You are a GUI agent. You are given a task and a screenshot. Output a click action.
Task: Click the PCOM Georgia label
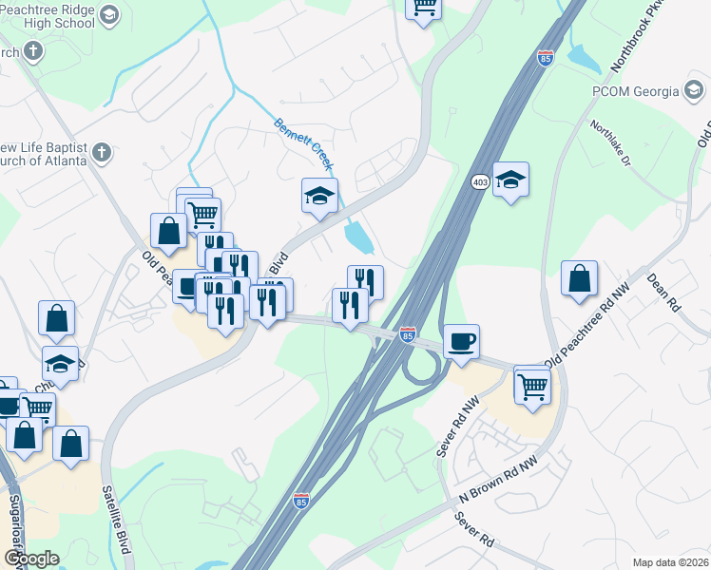click(631, 91)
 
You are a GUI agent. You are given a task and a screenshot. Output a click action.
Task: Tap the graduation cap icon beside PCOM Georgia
click(695, 91)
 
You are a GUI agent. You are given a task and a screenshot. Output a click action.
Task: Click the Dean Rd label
click(664, 293)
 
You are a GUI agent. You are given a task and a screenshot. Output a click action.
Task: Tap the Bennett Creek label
click(303, 144)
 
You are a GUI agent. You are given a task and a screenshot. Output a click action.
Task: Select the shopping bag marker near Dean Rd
click(579, 279)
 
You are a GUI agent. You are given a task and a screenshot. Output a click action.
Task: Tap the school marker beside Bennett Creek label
click(319, 197)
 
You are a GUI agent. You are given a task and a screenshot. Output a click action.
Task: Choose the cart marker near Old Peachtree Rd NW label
click(532, 384)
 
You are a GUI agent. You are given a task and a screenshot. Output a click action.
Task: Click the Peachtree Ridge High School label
click(48, 15)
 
